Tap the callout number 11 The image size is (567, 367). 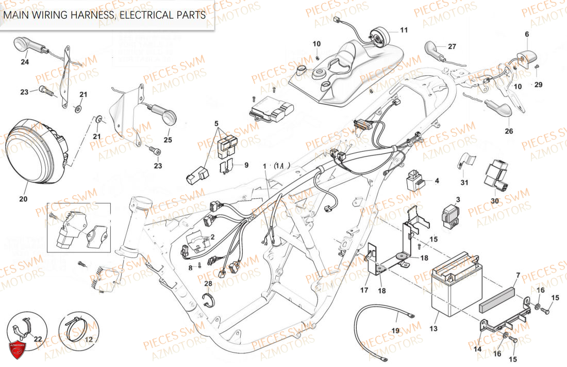pos(403,30)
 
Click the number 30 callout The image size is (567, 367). pos(495,201)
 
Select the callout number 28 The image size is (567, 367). pos(208,284)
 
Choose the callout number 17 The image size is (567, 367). pos(364,291)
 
